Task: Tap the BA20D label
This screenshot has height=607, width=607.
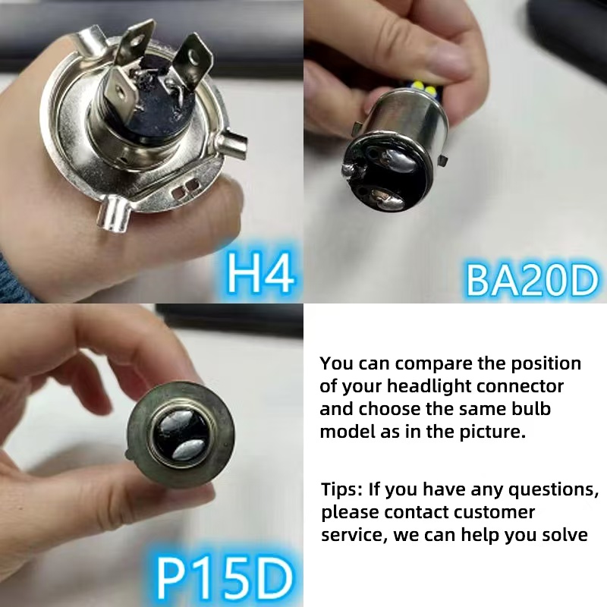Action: pyautogui.click(x=531, y=278)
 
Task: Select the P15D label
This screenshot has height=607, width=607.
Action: pyautogui.click(x=225, y=578)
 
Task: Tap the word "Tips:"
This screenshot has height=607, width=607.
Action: pyautogui.click(x=342, y=489)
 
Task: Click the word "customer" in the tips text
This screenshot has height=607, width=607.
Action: pyautogui.click(x=498, y=512)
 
